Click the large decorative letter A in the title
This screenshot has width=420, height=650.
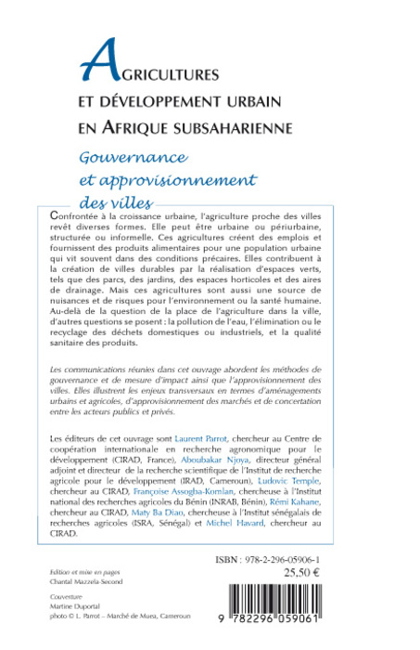point(100,62)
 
